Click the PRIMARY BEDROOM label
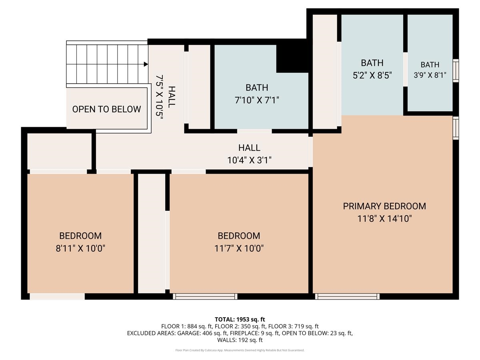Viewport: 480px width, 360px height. coord(384,206)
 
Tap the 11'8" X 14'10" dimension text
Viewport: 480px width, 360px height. coord(384,219)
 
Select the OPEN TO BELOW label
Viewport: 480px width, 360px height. coord(106,109)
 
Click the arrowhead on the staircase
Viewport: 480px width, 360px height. coord(146,64)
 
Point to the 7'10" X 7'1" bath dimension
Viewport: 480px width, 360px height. coord(257,100)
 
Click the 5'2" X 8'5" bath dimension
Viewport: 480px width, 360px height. coord(372,75)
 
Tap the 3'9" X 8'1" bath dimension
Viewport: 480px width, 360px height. coord(430,75)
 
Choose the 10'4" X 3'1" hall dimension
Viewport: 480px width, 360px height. coord(249,160)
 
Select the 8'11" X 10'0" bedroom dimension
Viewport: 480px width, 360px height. coord(80,248)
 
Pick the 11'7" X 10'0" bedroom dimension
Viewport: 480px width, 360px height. coord(239,248)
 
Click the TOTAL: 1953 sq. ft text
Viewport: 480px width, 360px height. coord(240,319)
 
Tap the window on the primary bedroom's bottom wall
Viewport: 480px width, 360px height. coord(347,296)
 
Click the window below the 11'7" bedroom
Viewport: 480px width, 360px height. coord(205,296)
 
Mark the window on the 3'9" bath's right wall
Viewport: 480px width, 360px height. coord(455,71)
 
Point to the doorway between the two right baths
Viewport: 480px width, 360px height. coord(405,69)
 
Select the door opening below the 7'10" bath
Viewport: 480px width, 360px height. coord(254,131)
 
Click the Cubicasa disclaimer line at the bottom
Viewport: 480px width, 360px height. coord(240,350)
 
